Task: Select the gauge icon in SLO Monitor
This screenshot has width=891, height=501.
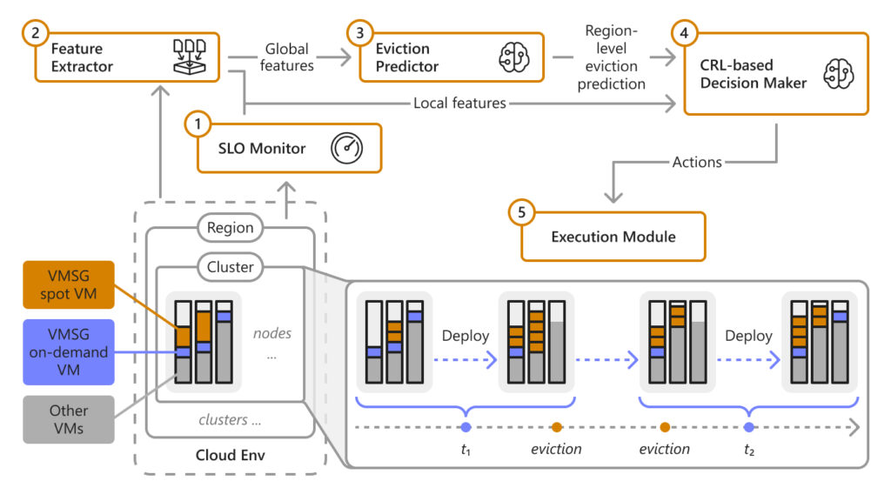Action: pos(345,149)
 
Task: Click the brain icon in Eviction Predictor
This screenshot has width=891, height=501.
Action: pos(509,58)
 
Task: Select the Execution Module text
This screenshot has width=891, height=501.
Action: pos(613,236)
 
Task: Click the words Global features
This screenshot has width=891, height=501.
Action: pos(287,57)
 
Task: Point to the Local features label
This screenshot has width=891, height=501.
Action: pos(459,104)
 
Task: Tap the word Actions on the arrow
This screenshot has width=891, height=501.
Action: pos(697,162)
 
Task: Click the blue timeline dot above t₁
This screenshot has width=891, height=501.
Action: pos(466,427)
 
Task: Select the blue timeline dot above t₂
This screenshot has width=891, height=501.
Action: pos(749,427)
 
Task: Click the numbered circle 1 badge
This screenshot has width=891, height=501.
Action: pos(198,124)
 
